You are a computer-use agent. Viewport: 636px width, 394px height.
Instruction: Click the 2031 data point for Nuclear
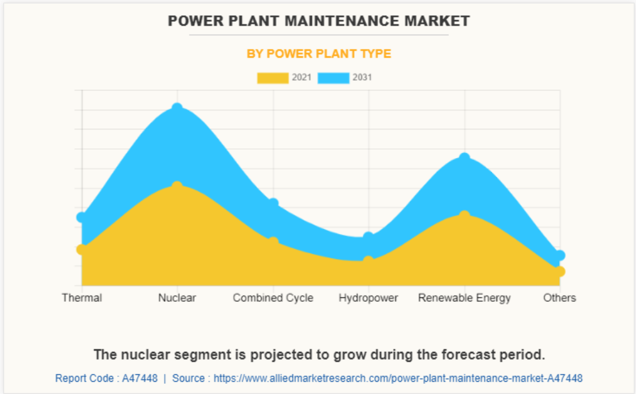click(177, 109)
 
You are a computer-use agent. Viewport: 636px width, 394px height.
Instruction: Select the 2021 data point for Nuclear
click(177, 186)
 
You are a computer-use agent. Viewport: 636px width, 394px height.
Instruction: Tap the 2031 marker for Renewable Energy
click(464, 158)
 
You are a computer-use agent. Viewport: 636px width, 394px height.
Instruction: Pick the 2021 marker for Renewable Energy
click(464, 216)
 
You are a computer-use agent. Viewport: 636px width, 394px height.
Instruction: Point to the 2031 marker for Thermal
click(82, 217)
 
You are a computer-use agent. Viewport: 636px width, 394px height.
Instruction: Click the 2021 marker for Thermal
click(82, 249)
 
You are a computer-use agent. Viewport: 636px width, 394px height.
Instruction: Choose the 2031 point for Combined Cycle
click(273, 203)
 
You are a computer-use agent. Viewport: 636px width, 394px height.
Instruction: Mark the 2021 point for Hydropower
click(368, 261)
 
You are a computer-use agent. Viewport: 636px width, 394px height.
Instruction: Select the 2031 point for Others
click(560, 255)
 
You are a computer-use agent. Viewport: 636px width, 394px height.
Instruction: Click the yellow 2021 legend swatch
click(272, 78)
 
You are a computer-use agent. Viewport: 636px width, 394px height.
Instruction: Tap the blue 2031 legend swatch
click(334, 78)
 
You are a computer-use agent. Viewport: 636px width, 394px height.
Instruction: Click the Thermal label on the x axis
click(82, 298)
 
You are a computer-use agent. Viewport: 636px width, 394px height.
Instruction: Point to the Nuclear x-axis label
click(177, 298)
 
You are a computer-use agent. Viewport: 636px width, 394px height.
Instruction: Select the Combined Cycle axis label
click(273, 298)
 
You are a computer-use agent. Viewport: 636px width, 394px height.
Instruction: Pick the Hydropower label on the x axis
click(368, 298)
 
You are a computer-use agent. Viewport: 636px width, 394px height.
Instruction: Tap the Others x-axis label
click(560, 298)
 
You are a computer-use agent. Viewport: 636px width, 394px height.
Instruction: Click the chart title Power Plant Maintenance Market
click(318, 21)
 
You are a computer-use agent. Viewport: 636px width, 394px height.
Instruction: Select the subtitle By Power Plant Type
click(318, 54)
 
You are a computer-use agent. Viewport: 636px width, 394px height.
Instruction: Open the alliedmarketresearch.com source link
click(398, 378)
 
